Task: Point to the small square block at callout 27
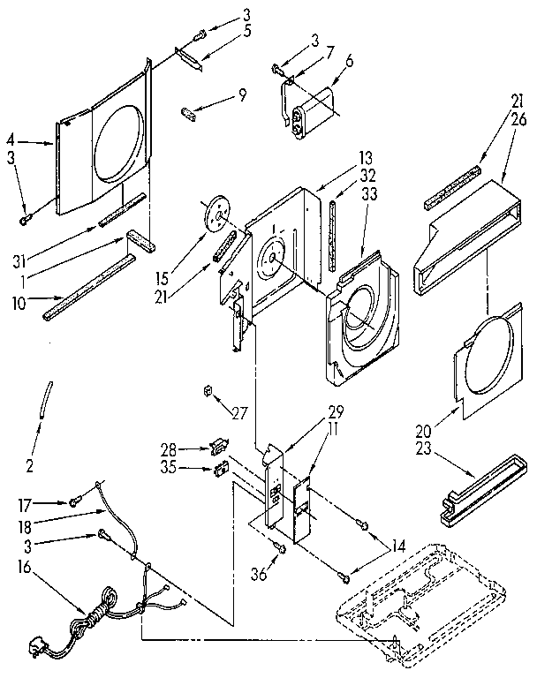[x=208, y=389]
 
